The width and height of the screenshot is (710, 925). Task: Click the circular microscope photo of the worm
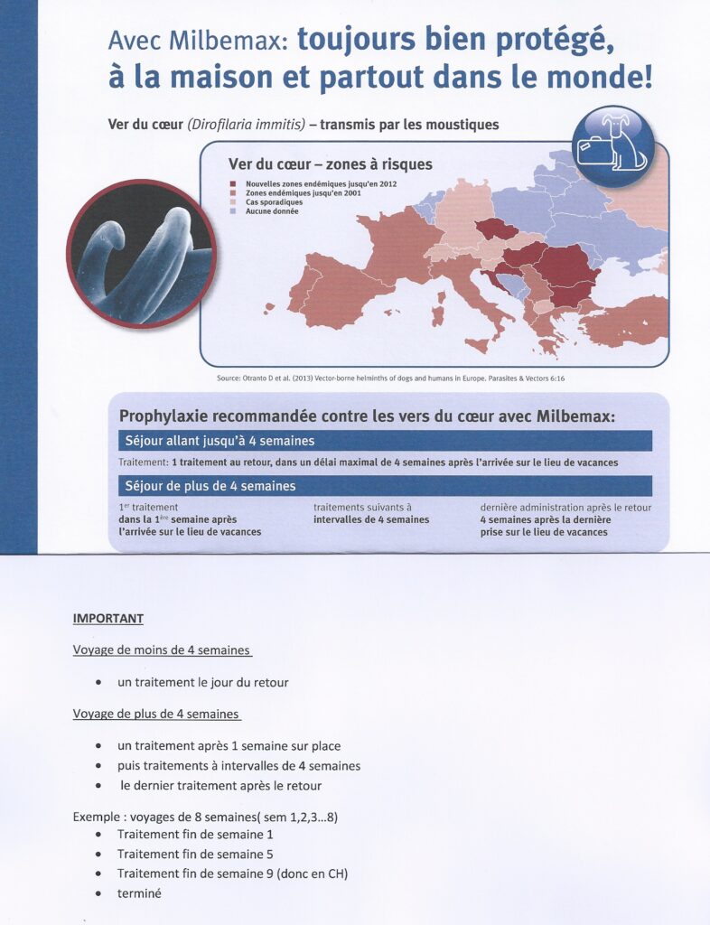point(140,253)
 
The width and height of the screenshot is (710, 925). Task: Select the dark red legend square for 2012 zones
point(232,184)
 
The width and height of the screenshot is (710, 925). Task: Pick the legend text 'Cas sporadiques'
point(274,202)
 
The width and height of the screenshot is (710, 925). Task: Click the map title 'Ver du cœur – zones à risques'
point(330,164)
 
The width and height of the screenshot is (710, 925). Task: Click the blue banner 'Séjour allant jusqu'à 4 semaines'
point(385,441)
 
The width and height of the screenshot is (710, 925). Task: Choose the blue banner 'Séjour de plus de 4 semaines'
point(385,486)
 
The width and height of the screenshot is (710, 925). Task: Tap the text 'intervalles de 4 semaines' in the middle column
point(371,519)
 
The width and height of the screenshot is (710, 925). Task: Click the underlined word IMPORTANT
point(107,619)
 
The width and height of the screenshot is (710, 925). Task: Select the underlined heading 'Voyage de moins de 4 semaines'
point(162,649)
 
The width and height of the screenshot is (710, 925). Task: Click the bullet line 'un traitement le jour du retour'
point(202,682)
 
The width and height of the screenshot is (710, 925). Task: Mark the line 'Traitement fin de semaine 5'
point(195,854)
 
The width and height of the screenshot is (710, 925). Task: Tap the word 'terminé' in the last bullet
point(139,893)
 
